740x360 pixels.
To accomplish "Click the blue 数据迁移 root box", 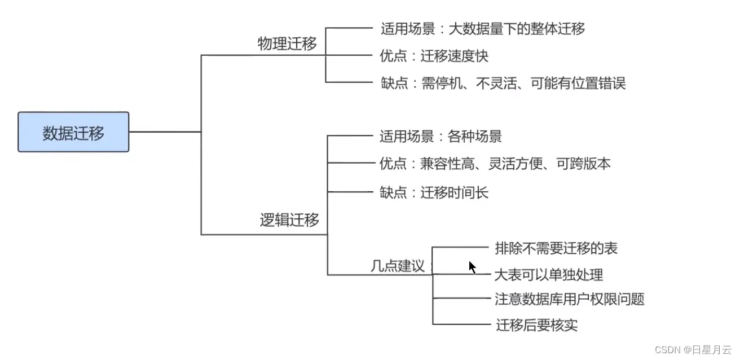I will pos(73,132).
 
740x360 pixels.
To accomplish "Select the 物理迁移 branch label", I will pos(287,44).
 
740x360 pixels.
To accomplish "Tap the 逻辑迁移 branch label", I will pos(289,220).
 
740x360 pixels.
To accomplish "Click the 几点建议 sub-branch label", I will pos(397,266).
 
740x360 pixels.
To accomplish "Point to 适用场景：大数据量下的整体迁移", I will pos(482,28).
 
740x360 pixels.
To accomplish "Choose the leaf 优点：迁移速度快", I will pos(434,56).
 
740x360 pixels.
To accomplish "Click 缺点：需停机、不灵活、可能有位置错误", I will pos(503,84).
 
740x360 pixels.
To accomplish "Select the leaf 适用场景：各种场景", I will pos(441,136).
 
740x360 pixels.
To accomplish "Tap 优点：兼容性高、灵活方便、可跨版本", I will pos(495,164).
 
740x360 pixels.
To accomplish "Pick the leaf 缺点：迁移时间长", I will pos(434,192).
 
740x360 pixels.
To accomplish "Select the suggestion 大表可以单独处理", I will pos(549,275).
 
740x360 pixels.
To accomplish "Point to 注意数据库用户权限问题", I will pos(569,299).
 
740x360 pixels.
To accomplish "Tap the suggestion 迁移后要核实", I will pos(536,325).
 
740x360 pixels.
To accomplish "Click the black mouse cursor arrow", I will pos(472,267).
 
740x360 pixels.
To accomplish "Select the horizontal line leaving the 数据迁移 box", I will pos(165,132).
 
